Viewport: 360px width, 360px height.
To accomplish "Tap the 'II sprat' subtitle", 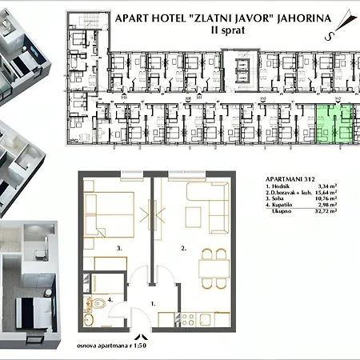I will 226,31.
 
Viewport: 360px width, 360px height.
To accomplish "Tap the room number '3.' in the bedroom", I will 118,249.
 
